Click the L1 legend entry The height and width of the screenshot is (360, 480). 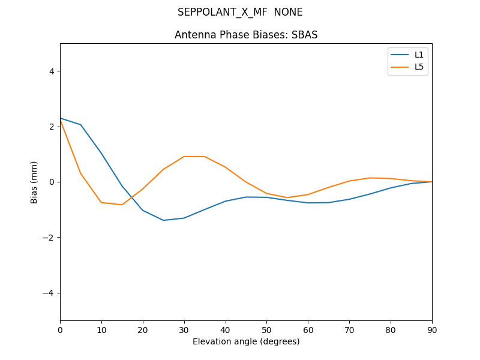(x=419, y=55)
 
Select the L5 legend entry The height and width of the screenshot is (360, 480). (x=419, y=67)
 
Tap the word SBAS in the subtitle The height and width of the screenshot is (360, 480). (x=303, y=35)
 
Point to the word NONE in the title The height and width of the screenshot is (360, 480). (x=288, y=12)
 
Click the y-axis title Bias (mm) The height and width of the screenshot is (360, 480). (x=34, y=182)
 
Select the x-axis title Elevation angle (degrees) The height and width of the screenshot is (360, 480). (x=246, y=341)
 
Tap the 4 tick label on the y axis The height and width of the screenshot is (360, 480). (x=52, y=71)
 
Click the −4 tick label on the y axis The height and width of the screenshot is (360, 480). (x=49, y=293)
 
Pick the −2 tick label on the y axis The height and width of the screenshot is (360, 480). (x=49, y=238)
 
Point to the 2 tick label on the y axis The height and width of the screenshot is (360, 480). (x=52, y=127)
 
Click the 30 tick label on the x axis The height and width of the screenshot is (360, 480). (x=184, y=329)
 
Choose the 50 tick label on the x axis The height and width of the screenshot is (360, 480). (x=266, y=329)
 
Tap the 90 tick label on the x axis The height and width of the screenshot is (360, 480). (x=432, y=329)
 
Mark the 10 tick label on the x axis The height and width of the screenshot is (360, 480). (x=101, y=329)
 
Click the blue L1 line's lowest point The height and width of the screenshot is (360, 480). (x=163, y=220)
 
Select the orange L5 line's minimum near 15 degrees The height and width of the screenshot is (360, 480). (x=122, y=205)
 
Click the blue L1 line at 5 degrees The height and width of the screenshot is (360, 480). (x=80, y=125)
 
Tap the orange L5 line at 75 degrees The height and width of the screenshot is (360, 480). (x=370, y=178)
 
